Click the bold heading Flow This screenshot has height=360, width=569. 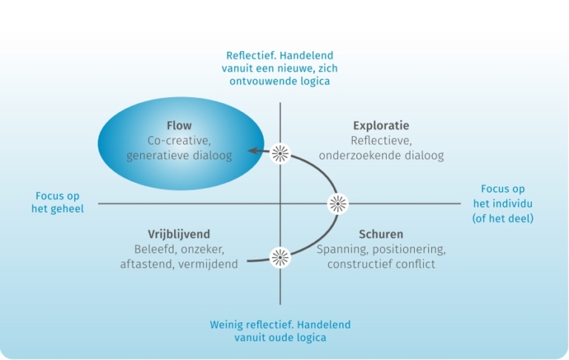[x=179, y=125]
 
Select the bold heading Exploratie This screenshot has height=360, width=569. [x=382, y=125]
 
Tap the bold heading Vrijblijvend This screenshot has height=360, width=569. [x=179, y=234]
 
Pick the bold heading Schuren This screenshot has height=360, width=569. [x=381, y=234]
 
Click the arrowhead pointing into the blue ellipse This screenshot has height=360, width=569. [x=253, y=150]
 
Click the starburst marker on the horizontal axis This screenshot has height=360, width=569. [x=338, y=202]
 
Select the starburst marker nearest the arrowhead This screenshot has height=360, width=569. [x=280, y=153]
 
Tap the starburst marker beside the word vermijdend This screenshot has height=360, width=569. [x=280, y=257]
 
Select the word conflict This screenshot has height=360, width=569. [x=416, y=264]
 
